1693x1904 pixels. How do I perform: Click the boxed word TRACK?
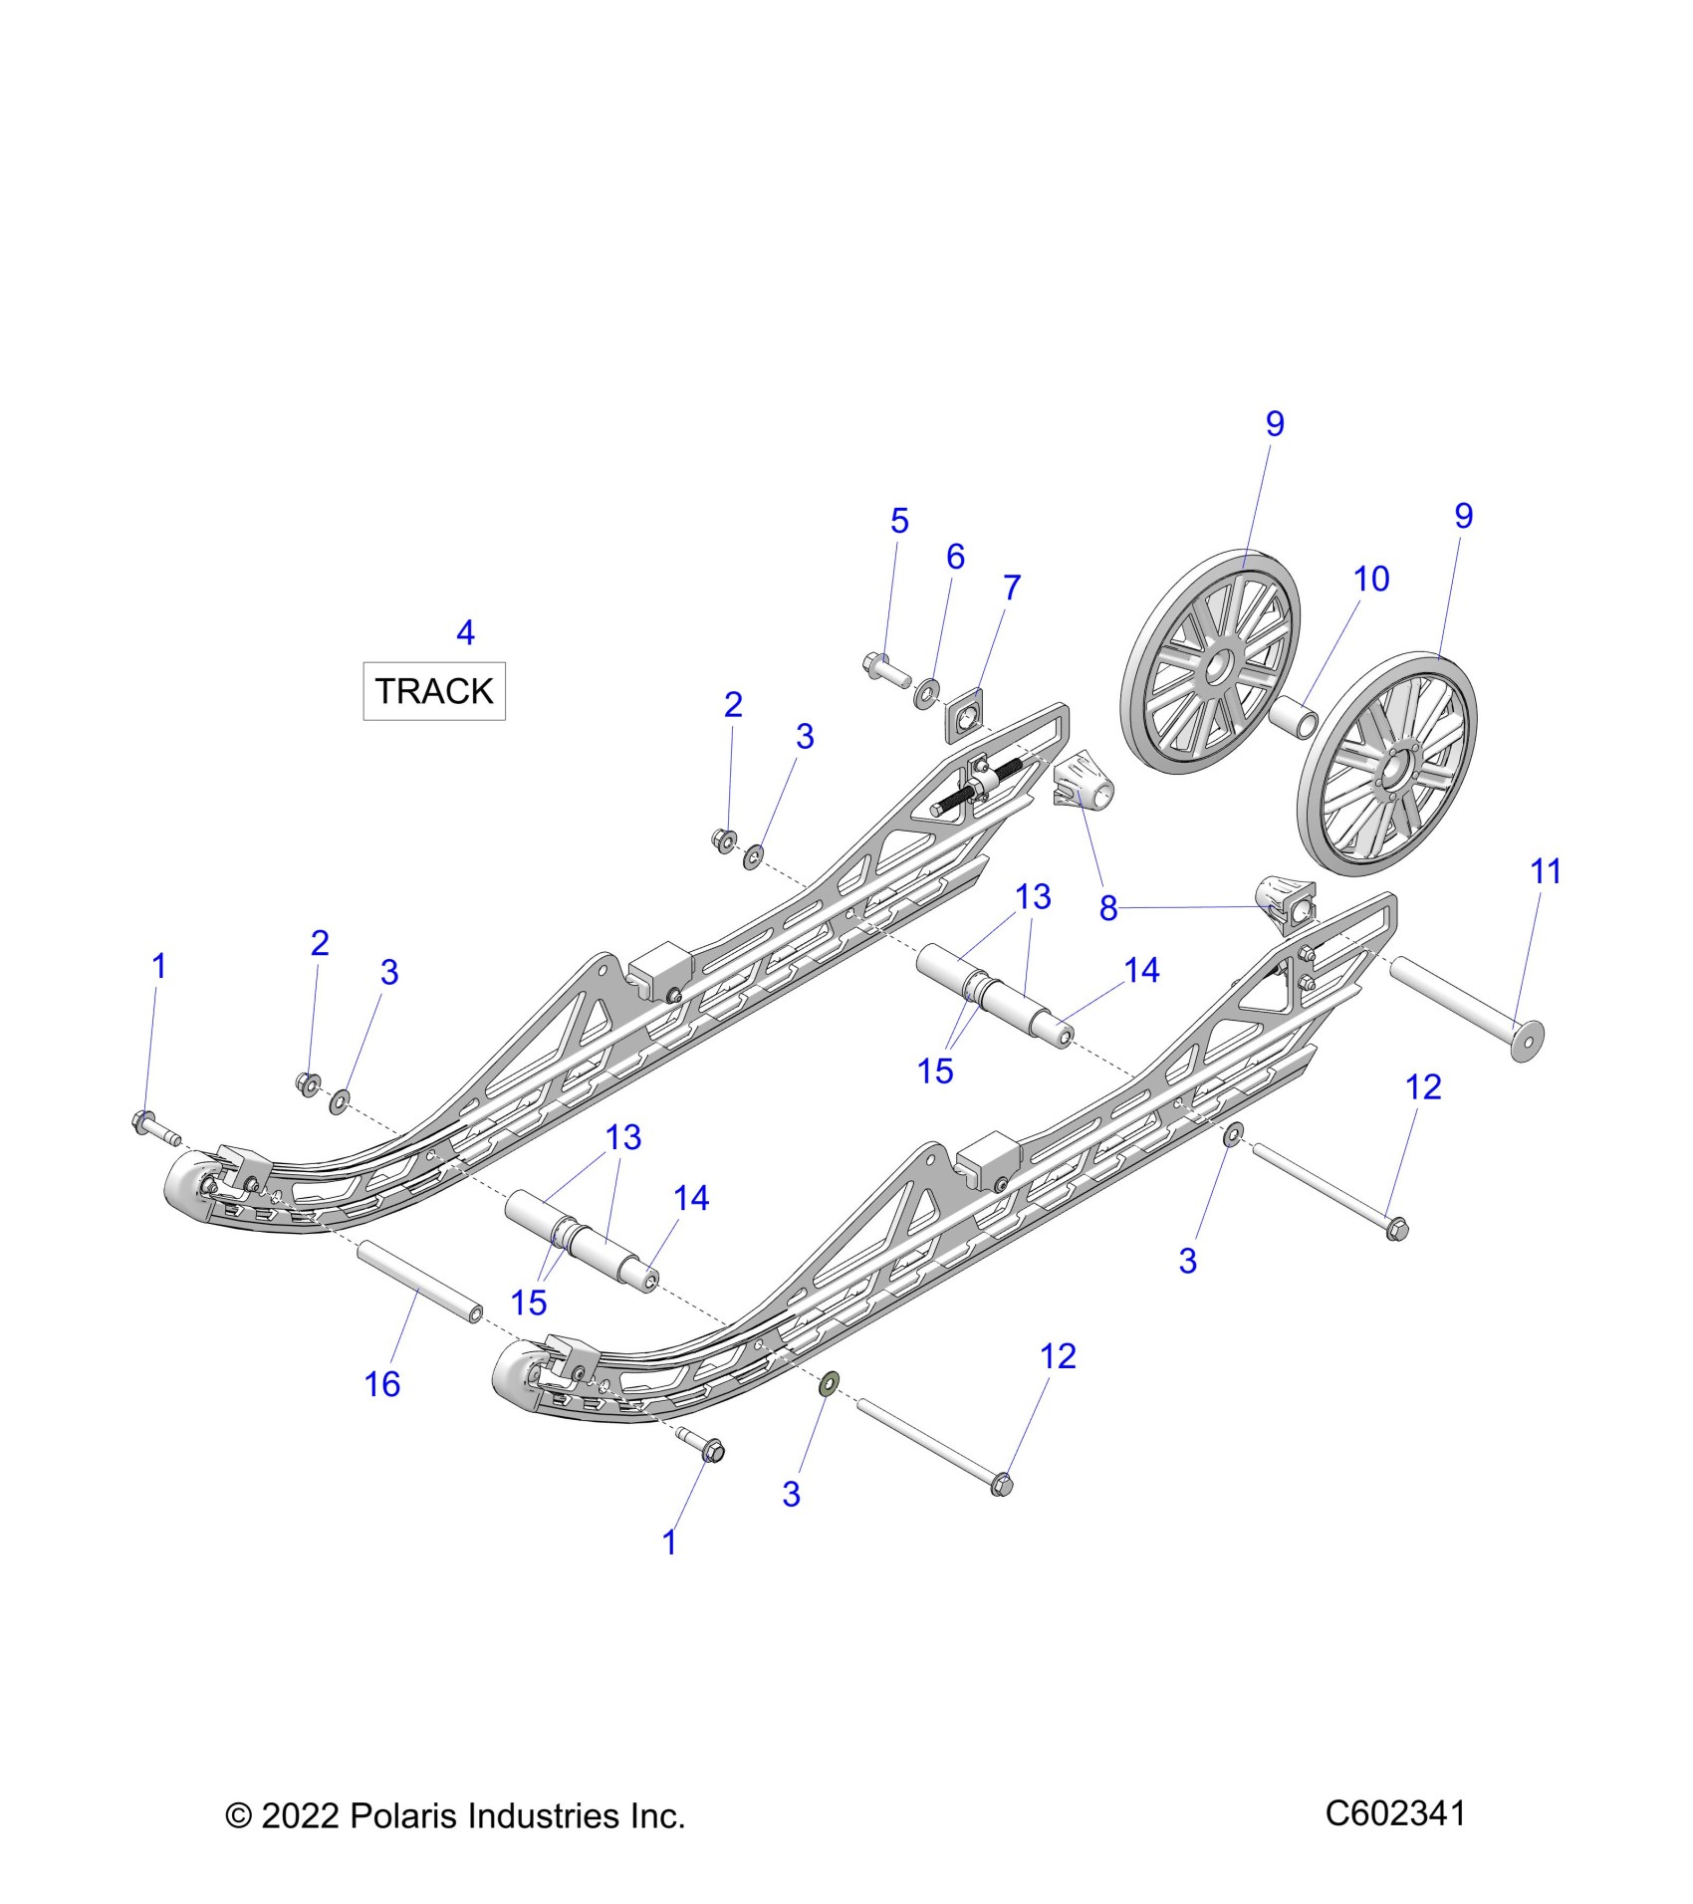click(x=434, y=691)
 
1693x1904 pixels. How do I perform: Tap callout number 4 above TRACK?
click(x=465, y=632)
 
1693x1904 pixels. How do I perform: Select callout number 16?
click(x=382, y=1384)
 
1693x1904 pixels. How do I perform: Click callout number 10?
click(x=1371, y=579)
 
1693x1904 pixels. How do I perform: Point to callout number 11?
click(x=1545, y=871)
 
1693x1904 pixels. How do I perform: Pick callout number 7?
click(x=1012, y=588)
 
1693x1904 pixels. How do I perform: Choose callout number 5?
click(x=899, y=521)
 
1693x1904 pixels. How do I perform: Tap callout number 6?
click(x=955, y=556)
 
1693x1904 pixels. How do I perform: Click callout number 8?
click(x=1108, y=907)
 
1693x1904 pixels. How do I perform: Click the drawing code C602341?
click(x=1394, y=1812)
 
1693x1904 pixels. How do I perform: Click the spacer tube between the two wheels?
click(x=1295, y=717)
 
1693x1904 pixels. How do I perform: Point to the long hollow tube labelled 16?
click(x=420, y=1282)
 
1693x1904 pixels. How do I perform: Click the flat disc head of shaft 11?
click(x=1527, y=1041)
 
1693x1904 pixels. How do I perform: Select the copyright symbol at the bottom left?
click(x=238, y=1816)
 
